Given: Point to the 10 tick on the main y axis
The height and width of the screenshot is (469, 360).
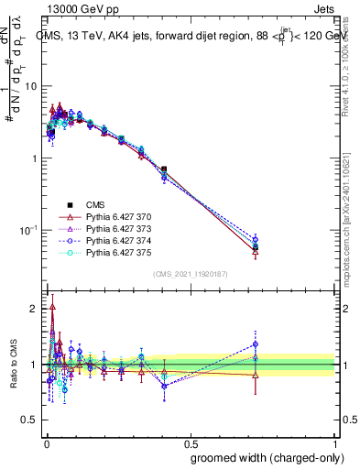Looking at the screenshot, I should tap(33, 85).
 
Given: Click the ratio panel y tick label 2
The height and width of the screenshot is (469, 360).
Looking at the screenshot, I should tap(36, 310).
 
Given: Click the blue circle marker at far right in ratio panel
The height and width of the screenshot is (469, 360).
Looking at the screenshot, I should tap(256, 344).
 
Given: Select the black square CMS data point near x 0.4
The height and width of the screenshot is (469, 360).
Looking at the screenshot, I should tap(163, 169).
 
